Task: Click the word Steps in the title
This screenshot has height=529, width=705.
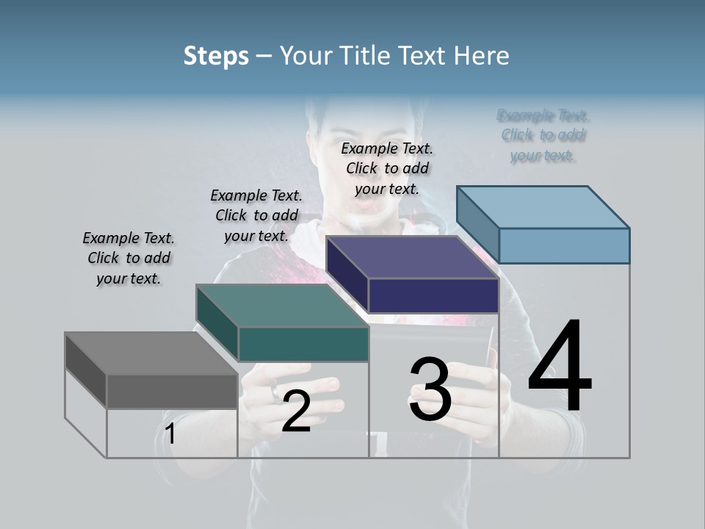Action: click(x=215, y=56)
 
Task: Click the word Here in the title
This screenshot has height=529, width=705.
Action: click(x=482, y=56)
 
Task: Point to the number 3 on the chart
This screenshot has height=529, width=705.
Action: click(x=430, y=389)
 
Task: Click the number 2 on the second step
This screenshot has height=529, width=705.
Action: click(x=296, y=411)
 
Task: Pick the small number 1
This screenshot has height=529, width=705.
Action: click(x=170, y=434)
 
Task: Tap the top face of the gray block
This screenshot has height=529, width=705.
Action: click(x=151, y=353)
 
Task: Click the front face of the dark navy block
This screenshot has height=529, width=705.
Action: click(x=433, y=296)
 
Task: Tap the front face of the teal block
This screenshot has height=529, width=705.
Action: click(x=303, y=345)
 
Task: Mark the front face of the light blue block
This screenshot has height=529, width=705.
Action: click(x=564, y=245)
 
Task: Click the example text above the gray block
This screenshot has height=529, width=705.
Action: click(x=129, y=258)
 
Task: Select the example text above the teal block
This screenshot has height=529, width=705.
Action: click(x=256, y=215)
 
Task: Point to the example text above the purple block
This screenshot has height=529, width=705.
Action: click(x=387, y=168)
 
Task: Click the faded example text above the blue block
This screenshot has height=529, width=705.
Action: click(x=543, y=135)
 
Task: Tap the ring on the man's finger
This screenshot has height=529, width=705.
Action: click(x=275, y=393)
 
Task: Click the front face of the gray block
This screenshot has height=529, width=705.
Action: click(x=172, y=391)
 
